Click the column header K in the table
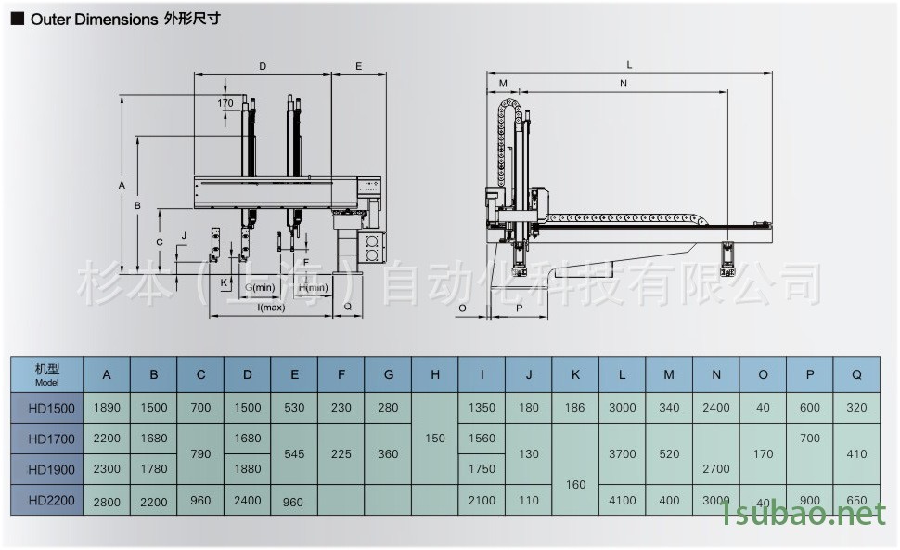(x=575, y=375)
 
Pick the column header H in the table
(x=435, y=375)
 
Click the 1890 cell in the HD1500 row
(x=107, y=407)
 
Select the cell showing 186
(x=575, y=407)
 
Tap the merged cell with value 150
(x=435, y=439)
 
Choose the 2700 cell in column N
(x=715, y=469)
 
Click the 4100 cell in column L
(x=622, y=500)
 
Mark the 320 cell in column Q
(x=856, y=407)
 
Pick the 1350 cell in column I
(x=482, y=407)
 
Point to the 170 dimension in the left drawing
(x=225, y=103)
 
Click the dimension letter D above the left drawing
(x=263, y=67)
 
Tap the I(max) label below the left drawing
(x=271, y=308)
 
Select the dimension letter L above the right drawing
(x=630, y=65)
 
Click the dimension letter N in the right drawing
(x=623, y=84)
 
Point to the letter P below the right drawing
(x=519, y=307)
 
